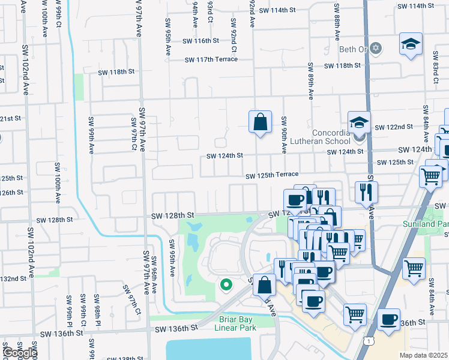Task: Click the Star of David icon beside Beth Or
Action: pos(376,48)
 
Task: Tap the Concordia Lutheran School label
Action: pos(331,137)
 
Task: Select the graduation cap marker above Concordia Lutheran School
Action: pos(359,122)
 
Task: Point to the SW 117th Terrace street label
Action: pos(211,59)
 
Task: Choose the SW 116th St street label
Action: pos(198,40)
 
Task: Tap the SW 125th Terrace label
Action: pos(271,175)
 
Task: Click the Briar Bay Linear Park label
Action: pos(236,323)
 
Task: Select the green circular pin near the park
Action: pos(226,284)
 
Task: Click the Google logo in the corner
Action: pos(19,353)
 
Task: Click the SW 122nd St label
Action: pos(394,127)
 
